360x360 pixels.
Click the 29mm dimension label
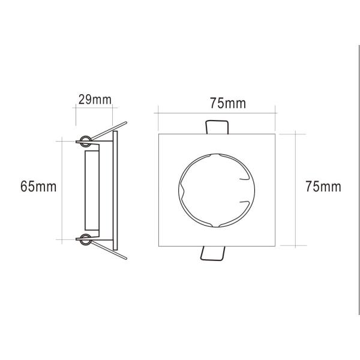[x=95, y=100]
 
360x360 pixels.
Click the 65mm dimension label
[x=38, y=187]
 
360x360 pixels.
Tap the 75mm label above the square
[x=228, y=103]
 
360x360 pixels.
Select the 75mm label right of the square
[x=323, y=187]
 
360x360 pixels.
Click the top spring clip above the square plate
[x=217, y=127]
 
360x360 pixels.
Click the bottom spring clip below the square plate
[x=212, y=253]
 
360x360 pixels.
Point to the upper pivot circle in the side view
[x=85, y=141]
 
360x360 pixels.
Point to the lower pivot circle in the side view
[x=86, y=240]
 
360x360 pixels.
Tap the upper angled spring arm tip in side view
[x=125, y=122]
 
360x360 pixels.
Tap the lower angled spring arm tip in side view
[x=125, y=258]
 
